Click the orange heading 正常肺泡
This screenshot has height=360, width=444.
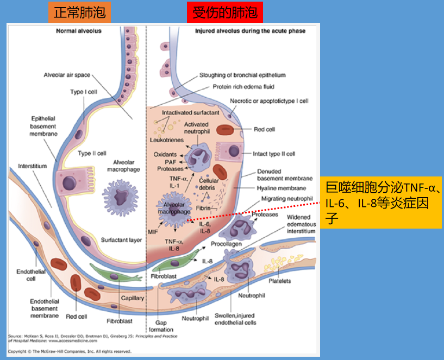point(79,11)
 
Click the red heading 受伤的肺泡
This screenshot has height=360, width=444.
point(222,11)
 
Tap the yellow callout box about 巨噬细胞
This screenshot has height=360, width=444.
point(380,202)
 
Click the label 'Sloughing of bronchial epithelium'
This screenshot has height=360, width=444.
point(242,75)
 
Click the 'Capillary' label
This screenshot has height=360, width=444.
point(133,298)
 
